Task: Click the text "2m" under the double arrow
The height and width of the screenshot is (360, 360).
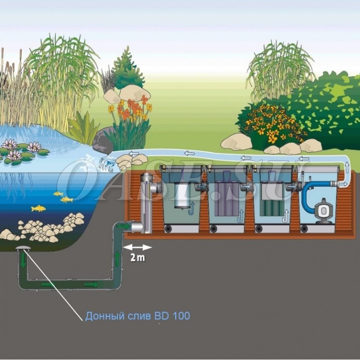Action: coord(138,257)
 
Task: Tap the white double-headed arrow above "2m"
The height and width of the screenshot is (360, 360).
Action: coord(138,247)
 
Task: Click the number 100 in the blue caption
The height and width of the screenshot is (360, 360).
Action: coord(181,316)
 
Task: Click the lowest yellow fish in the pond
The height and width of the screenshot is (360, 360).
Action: coord(38,208)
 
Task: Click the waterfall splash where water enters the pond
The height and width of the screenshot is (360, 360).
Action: coord(106,164)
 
